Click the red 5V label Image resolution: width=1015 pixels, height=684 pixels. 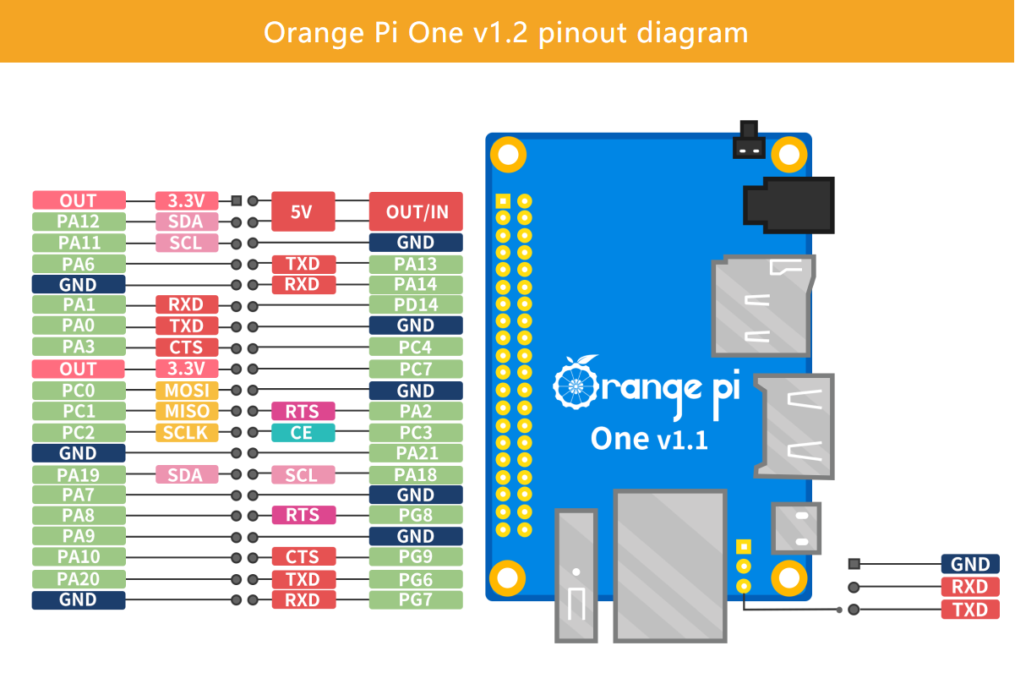click(x=303, y=211)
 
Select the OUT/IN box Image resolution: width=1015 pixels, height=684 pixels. click(x=416, y=211)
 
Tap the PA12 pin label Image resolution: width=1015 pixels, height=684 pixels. click(x=79, y=222)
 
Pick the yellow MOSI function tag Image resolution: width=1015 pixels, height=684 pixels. click(x=186, y=391)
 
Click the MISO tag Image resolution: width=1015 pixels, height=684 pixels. click(x=186, y=412)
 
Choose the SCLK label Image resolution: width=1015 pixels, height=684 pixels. click(x=186, y=433)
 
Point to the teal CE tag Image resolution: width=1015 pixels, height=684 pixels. click(x=303, y=433)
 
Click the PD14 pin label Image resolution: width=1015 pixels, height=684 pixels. click(x=416, y=304)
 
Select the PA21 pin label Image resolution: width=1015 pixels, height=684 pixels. click(x=416, y=454)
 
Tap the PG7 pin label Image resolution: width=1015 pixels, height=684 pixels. click(x=416, y=600)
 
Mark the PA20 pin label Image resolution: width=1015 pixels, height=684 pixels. click(x=79, y=579)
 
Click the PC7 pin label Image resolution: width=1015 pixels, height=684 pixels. click(x=416, y=369)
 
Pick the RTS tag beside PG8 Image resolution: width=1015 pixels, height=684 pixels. click(x=303, y=515)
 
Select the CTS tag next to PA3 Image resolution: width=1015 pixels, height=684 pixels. click(x=186, y=347)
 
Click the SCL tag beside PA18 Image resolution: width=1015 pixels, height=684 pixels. click(x=303, y=475)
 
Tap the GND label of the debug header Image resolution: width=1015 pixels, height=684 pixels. click(x=970, y=564)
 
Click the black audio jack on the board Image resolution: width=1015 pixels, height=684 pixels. click(x=788, y=205)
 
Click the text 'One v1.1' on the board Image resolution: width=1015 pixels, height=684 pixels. click(x=648, y=439)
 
